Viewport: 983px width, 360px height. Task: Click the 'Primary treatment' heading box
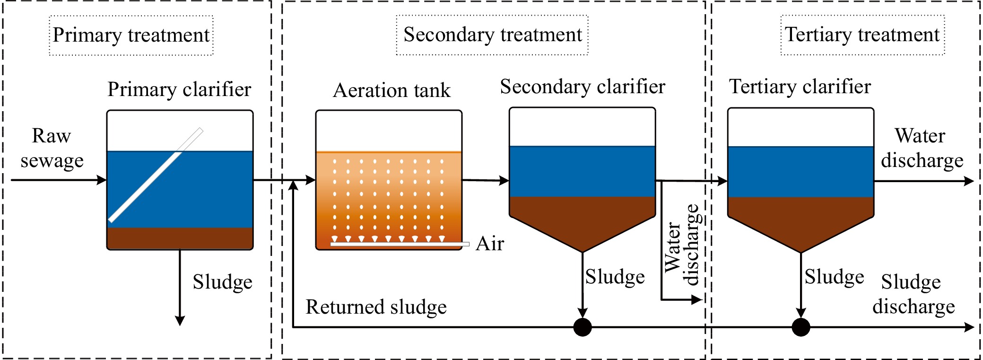click(x=131, y=35)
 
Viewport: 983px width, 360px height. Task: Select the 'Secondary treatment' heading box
click(x=492, y=35)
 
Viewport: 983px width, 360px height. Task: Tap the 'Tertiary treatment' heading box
click(x=862, y=35)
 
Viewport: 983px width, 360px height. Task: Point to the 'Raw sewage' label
click(x=52, y=148)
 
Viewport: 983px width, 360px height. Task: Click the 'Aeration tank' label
click(x=392, y=90)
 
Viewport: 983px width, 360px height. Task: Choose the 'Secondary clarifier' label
click(x=583, y=87)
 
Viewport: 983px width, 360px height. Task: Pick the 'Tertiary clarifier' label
click(x=800, y=87)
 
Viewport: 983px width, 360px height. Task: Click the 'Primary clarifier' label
click(x=179, y=89)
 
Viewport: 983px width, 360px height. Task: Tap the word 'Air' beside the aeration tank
click(x=490, y=244)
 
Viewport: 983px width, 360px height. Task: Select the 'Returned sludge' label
click(x=376, y=307)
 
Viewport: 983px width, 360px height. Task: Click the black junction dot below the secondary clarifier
click(x=583, y=327)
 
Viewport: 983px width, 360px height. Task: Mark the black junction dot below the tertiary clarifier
click(x=800, y=327)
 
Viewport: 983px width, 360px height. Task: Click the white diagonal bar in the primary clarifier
click(x=156, y=175)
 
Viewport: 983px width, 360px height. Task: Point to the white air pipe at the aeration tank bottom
click(x=400, y=244)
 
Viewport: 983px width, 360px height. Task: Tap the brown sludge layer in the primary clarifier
click(x=180, y=238)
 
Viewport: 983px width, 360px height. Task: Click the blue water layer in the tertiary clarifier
click(x=800, y=172)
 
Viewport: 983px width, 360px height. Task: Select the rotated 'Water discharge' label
click(x=681, y=245)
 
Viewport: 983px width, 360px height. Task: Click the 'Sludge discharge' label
click(x=913, y=294)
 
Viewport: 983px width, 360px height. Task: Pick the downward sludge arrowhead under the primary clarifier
click(x=180, y=320)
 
